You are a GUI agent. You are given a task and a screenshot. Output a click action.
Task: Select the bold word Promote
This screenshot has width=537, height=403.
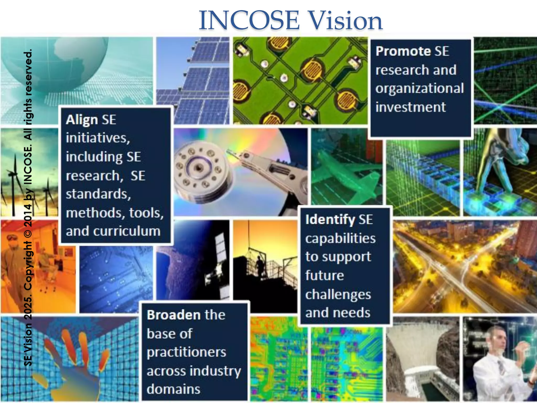point(403,51)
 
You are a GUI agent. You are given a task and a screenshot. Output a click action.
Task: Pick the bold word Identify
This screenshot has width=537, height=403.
point(330,219)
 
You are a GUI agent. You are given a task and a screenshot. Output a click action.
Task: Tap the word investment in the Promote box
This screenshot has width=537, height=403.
point(410,107)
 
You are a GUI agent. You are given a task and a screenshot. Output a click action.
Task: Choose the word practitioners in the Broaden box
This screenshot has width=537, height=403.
point(186,352)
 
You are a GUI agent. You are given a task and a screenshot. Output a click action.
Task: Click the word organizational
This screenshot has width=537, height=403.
point(420,88)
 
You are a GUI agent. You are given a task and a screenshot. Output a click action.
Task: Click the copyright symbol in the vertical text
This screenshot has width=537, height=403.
point(28,233)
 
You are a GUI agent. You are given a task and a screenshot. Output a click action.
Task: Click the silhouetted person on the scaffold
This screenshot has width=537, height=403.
point(260,265)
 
